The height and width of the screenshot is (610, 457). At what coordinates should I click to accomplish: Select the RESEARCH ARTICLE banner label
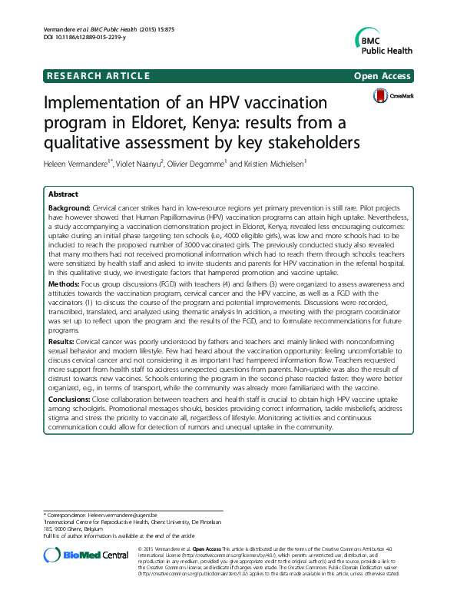tap(98, 75)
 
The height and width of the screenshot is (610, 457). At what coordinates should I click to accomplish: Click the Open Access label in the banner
tap(382, 75)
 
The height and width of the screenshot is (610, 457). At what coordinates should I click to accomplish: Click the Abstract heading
tap(64, 195)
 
